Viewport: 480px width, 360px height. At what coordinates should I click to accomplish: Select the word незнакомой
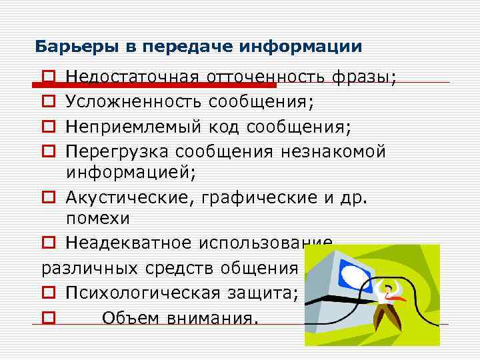click(331, 151)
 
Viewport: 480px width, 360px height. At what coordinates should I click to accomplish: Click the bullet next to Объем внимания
click(47, 319)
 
